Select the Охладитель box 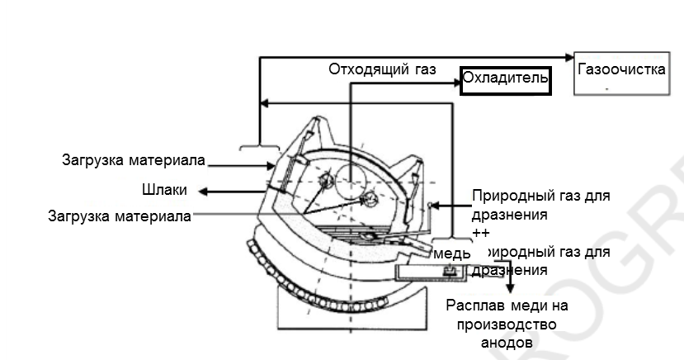point(504,78)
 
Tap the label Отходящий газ point(381,69)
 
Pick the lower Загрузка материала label point(120,216)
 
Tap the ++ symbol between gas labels point(480,234)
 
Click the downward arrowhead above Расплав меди point(511,288)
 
